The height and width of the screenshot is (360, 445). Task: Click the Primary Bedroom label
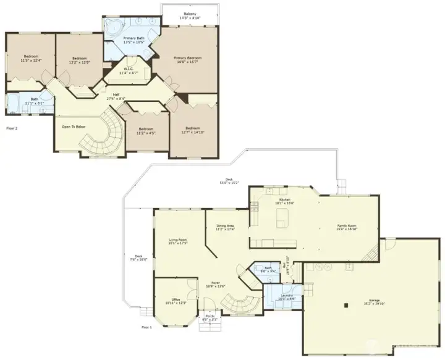(x=189, y=59)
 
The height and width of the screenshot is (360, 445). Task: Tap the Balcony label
(x=190, y=15)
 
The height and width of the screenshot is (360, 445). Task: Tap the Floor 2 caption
(x=12, y=128)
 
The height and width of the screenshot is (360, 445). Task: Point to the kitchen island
(x=283, y=217)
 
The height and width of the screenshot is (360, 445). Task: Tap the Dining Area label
(x=224, y=227)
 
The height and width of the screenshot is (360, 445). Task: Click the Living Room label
(x=178, y=241)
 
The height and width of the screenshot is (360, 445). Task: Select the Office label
(x=176, y=302)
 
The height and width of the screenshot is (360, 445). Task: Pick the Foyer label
(x=216, y=284)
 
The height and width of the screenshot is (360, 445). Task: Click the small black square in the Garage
(x=347, y=304)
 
